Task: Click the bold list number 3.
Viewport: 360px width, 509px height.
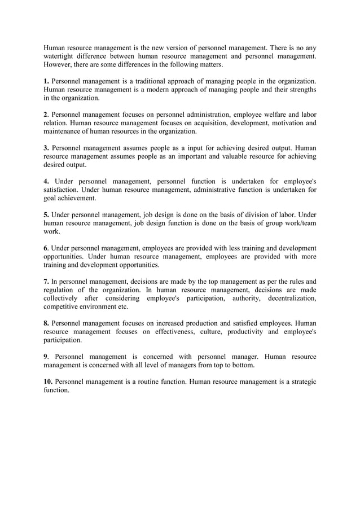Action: pos(46,148)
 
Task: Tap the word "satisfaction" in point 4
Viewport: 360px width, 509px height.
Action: pos(63,190)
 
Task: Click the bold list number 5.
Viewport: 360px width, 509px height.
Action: pos(46,214)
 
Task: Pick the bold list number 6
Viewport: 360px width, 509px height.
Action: pos(46,248)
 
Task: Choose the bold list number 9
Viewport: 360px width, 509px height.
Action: pos(46,357)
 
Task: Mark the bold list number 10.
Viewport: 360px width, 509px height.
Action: pos(49,381)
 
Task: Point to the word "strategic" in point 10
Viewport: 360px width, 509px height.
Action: pos(300,381)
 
